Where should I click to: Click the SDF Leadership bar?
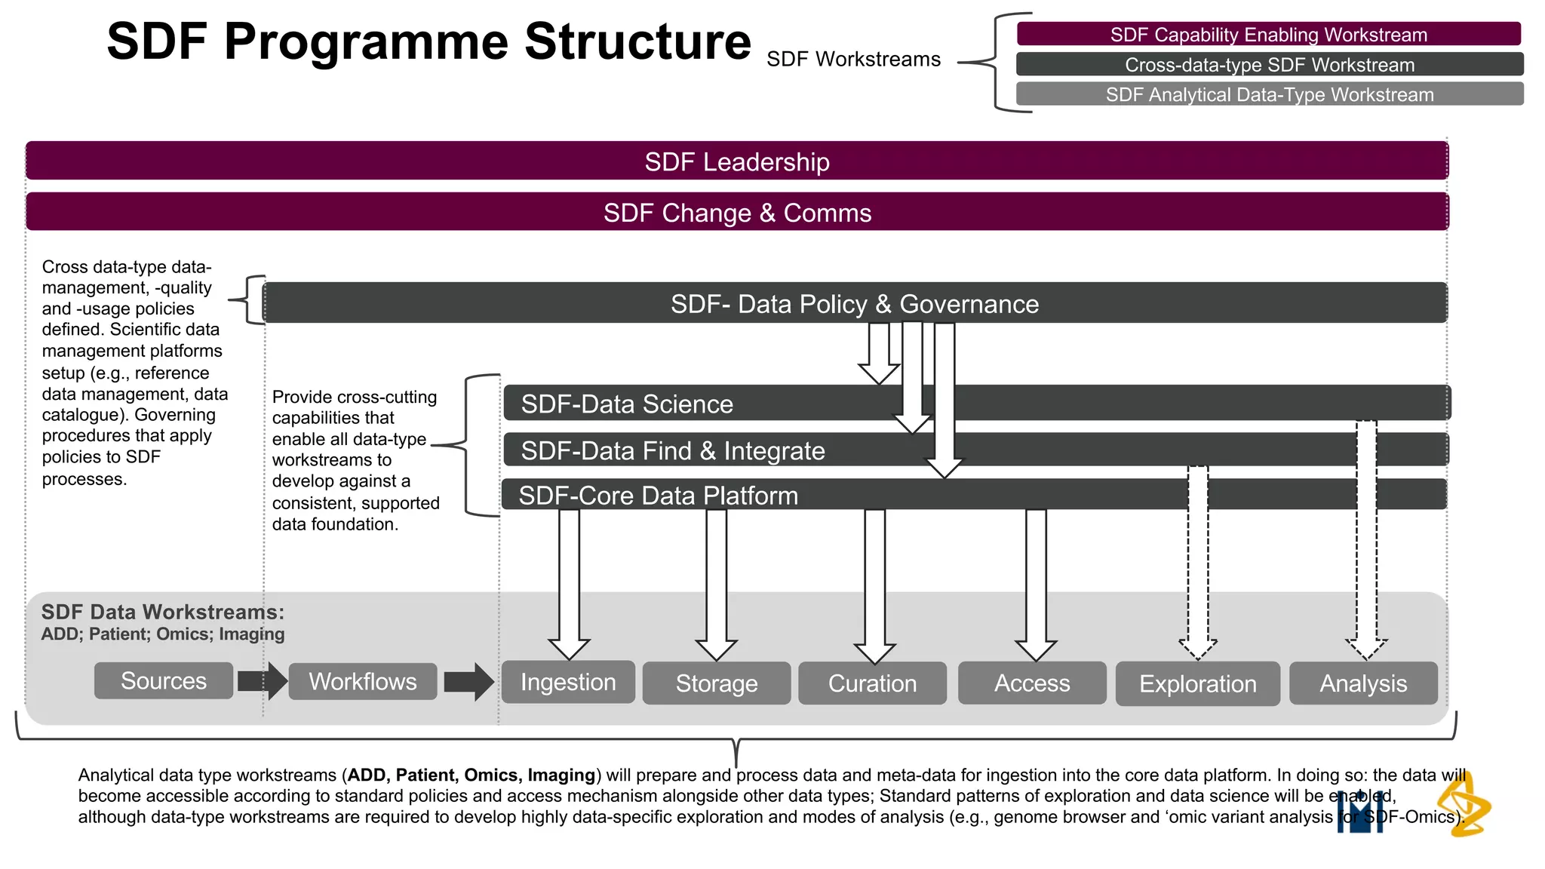[x=737, y=161]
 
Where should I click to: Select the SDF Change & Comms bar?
[x=737, y=213]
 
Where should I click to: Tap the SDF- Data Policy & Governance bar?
[x=854, y=303]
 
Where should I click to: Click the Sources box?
[x=164, y=680]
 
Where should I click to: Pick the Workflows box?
[x=362, y=681]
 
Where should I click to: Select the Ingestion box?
[x=568, y=682]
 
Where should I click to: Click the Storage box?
[x=717, y=683]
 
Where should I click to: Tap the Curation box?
[x=873, y=683]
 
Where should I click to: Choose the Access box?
[x=1032, y=683]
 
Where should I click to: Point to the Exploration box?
[x=1198, y=684]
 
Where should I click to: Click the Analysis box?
[x=1363, y=683]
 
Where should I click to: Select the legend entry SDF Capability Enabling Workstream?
[x=1269, y=35]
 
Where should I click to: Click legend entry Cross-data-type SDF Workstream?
[x=1269, y=65]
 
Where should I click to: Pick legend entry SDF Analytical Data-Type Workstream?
[x=1269, y=95]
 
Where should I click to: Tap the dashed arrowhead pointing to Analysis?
[x=1366, y=648]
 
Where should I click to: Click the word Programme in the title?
[x=365, y=41]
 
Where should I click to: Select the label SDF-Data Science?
[x=627, y=404]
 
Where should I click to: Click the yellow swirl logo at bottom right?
[x=1464, y=806]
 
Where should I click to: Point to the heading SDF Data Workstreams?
[x=162, y=612]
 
